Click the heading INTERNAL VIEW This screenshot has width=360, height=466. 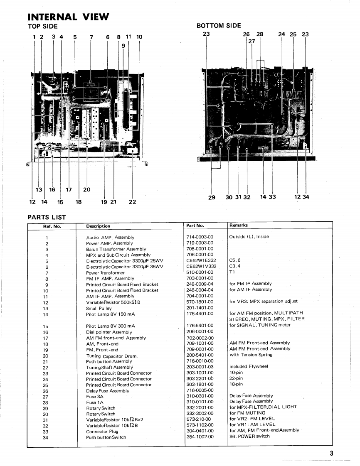68,17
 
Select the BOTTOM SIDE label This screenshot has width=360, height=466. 218,26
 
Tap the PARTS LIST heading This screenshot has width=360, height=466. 47,217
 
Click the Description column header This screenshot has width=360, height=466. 98,226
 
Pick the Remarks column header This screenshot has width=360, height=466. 238,225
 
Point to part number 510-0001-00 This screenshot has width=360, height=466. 200,272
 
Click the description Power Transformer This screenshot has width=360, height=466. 105,273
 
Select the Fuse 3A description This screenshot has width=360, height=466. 95,397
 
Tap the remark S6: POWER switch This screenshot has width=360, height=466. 249,437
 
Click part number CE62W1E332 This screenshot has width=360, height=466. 201,261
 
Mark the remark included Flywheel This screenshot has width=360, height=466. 249,367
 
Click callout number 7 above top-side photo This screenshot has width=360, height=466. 91,37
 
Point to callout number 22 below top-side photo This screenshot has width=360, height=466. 132,202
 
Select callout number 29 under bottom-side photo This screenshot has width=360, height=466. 212,197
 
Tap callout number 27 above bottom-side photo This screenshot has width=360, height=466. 251,41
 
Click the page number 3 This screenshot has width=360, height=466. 332,454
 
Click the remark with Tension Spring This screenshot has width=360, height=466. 251,355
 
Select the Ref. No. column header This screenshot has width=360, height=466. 52,226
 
